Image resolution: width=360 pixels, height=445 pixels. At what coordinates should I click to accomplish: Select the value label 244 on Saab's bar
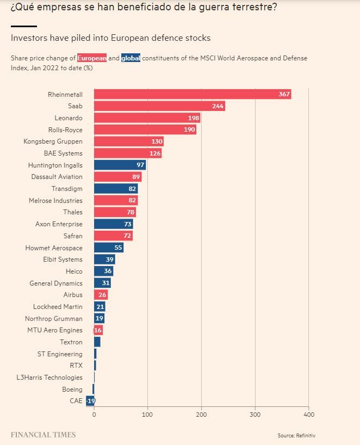coord(218,106)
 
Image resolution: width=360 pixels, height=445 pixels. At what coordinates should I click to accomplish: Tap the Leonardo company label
coord(69,118)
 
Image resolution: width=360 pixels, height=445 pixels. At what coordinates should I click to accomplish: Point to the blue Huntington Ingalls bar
coord(120,165)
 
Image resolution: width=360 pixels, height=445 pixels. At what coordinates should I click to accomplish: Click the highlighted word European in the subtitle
coord(92,58)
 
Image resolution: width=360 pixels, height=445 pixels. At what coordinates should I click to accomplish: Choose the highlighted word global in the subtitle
coord(131,58)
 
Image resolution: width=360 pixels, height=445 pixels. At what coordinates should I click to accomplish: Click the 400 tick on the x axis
coord(308,415)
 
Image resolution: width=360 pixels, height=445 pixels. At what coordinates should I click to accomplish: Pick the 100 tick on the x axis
coord(147,415)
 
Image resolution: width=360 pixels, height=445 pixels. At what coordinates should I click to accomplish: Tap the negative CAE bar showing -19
coord(90,401)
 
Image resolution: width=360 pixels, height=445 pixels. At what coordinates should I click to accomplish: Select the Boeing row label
coord(72,390)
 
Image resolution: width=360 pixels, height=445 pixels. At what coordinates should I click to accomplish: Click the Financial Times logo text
coord(43,435)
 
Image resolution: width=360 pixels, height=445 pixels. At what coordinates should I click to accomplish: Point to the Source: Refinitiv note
coord(296,435)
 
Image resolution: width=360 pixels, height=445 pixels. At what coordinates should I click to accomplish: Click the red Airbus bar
coord(101,295)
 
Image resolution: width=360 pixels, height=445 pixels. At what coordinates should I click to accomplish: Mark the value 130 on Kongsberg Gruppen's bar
coord(157,141)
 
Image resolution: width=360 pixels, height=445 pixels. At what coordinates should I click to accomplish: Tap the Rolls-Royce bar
coord(145,129)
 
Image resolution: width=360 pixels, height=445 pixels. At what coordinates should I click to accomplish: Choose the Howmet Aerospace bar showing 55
coord(109,248)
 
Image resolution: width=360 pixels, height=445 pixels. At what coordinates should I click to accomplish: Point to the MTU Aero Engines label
coord(55,330)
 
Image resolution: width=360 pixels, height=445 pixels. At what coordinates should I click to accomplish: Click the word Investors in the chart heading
coord(28,38)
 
